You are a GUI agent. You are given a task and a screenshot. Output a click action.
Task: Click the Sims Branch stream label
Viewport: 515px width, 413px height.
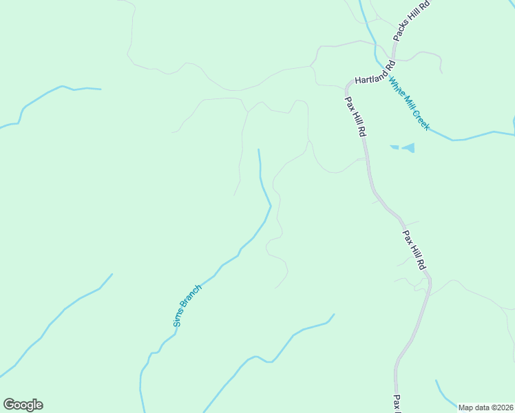coord(187,305)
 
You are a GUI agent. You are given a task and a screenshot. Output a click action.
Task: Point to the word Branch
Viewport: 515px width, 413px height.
coord(192,298)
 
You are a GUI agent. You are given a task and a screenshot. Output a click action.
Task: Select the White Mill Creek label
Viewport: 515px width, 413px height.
coord(409,104)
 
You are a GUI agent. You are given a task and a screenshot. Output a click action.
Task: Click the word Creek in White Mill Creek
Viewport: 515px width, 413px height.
coord(421,120)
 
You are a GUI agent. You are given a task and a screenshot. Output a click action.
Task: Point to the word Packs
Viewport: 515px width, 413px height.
coord(402,32)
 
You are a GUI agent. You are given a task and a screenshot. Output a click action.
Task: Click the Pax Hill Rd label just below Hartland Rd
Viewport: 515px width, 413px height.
coord(354,116)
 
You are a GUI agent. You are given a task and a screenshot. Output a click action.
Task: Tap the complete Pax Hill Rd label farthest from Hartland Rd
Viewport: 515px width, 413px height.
coord(414,249)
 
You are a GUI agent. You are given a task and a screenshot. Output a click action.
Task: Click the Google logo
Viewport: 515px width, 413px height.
coord(23,405)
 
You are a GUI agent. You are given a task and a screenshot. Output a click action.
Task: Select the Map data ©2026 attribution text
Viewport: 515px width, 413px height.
coord(485,407)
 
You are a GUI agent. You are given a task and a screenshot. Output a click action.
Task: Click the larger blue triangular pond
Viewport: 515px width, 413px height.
coord(409,147)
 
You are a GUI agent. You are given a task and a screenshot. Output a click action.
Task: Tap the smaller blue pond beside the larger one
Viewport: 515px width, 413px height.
coord(394,147)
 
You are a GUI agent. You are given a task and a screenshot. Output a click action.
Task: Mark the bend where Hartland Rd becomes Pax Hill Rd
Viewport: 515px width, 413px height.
coord(347,84)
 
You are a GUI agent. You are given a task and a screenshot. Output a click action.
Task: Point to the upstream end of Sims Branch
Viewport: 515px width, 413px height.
coord(259,149)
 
